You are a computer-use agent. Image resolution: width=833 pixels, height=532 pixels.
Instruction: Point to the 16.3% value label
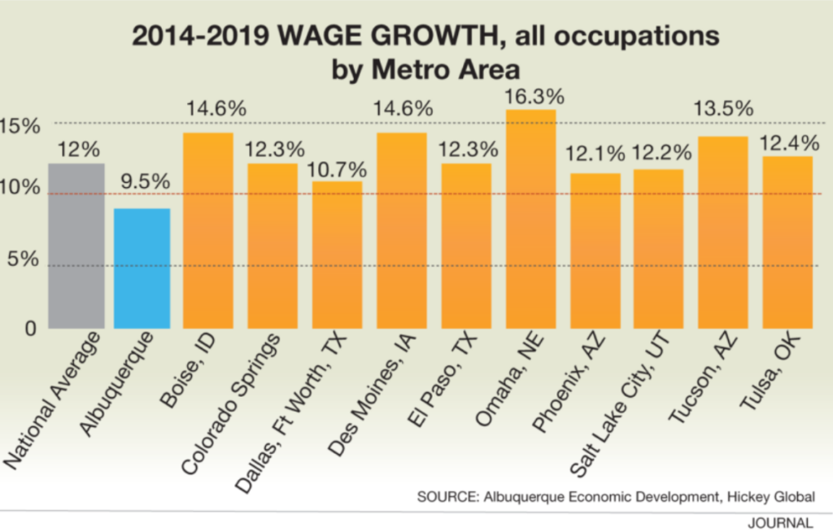point(533,96)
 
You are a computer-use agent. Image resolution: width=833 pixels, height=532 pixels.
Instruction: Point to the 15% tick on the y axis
point(21,127)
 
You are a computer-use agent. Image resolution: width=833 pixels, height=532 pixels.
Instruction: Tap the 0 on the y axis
point(31,328)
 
